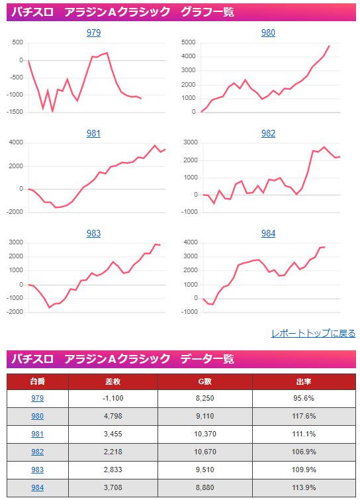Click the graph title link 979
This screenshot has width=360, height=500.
93,33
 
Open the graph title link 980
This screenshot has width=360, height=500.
268,33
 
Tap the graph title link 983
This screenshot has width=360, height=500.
93,234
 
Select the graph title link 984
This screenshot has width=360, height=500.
268,234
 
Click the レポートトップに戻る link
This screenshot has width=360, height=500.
313,334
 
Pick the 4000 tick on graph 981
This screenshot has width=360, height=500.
16,143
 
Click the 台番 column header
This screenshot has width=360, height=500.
38,382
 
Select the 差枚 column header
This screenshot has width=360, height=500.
113,382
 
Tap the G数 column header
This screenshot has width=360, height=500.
204,382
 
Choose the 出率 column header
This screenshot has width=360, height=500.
304,382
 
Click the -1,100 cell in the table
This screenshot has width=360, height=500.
113,399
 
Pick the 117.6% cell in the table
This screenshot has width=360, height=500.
304,417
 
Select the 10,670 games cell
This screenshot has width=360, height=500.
204,452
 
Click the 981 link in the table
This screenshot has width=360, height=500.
38,434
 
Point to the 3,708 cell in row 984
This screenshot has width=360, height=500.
113,488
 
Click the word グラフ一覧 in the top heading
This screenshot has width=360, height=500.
206,11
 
